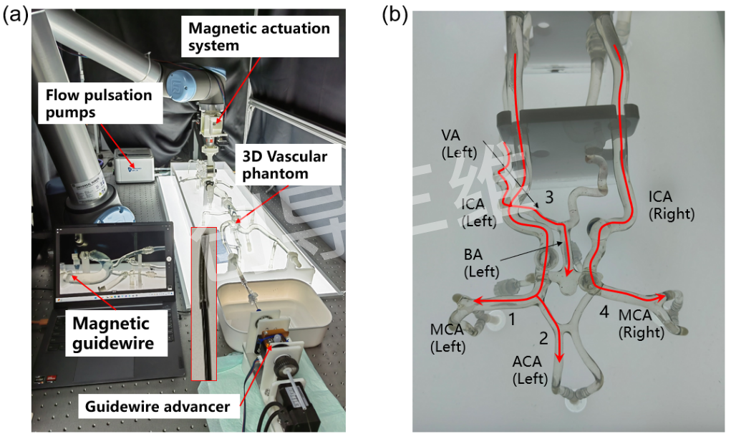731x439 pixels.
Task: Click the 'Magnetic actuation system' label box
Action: point(260,37)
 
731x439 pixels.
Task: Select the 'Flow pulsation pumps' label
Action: point(100,104)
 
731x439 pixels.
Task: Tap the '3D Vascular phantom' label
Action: point(285,165)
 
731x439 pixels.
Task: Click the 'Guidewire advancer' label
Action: point(158,406)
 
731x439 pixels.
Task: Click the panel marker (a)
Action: point(15,15)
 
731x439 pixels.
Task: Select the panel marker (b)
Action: point(395,15)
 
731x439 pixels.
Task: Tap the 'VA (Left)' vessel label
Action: point(459,144)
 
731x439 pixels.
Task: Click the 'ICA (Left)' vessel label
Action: point(478,212)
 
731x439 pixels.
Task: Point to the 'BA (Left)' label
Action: point(481,263)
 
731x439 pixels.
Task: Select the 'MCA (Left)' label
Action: point(447,338)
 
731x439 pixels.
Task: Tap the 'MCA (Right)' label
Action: point(642,324)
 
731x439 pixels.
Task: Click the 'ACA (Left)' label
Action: point(530,370)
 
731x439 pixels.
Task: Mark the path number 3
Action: point(549,198)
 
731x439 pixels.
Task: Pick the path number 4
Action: point(604,312)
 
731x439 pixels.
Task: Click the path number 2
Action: point(543,338)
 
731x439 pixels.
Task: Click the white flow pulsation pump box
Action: point(135,165)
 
